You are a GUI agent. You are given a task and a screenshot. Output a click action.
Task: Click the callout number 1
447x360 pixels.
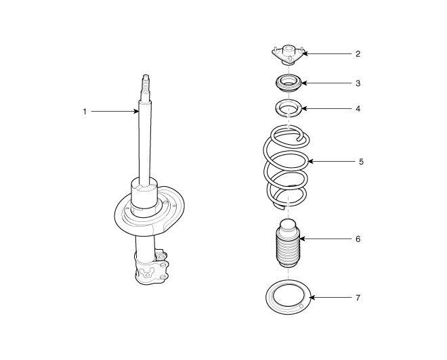[85, 112]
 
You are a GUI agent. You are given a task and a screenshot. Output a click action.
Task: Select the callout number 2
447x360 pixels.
[358, 53]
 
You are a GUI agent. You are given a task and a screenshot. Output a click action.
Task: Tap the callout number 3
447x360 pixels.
[358, 83]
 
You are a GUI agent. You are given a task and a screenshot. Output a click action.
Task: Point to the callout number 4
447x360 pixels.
[358, 108]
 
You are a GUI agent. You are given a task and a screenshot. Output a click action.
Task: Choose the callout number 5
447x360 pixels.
[361, 162]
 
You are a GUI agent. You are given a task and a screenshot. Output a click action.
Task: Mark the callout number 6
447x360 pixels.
[358, 239]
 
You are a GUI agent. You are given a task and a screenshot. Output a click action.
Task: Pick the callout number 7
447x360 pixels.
[358, 298]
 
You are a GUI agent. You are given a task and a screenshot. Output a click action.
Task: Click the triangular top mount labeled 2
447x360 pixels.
[289, 55]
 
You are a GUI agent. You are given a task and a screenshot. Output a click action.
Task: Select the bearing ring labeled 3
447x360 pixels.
[289, 83]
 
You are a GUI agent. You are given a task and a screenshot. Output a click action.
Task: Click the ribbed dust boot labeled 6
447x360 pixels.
[288, 243]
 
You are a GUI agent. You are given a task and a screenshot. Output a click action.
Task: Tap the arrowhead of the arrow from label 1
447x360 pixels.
[136, 112]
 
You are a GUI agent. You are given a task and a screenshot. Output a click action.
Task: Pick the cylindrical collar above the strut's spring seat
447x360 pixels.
[144, 194]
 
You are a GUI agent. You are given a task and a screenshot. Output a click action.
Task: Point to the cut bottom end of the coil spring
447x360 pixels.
[279, 207]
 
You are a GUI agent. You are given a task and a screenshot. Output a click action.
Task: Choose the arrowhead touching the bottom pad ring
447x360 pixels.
[312, 298]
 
